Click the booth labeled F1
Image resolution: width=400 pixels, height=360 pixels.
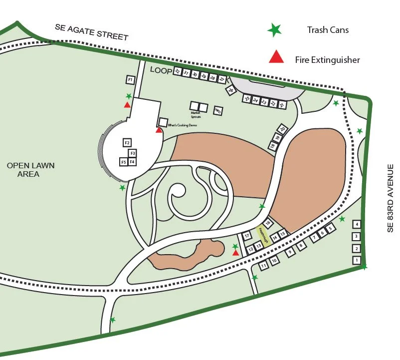point(130,80)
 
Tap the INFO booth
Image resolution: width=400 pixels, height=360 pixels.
point(217,111)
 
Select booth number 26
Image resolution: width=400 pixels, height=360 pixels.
point(230,90)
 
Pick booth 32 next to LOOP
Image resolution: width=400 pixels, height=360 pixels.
point(177,71)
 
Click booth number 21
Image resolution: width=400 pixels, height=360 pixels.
point(282,105)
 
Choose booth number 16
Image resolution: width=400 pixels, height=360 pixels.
point(268,223)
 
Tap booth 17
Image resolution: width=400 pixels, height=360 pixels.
point(246,236)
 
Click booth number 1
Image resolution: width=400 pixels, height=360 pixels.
point(356,260)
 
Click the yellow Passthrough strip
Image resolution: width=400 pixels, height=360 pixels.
point(262,235)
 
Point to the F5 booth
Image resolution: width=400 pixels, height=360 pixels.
point(123,162)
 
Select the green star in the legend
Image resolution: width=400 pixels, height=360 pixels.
point(274,30)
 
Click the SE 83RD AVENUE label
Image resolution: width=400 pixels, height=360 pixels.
point(391,198)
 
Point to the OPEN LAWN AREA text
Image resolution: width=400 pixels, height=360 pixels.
point(30,170)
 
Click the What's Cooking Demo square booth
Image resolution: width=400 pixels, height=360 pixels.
point(163,122)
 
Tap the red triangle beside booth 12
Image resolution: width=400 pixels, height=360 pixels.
point(235,253)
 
